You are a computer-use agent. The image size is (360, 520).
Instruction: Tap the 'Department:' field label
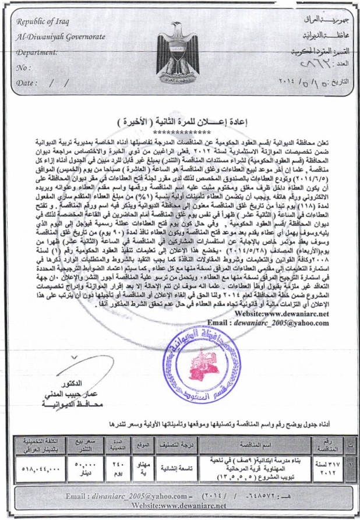tap(38, 52)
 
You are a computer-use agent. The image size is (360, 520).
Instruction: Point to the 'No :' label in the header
tap(24, 67)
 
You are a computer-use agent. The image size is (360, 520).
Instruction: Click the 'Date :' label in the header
tap(27, 83)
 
